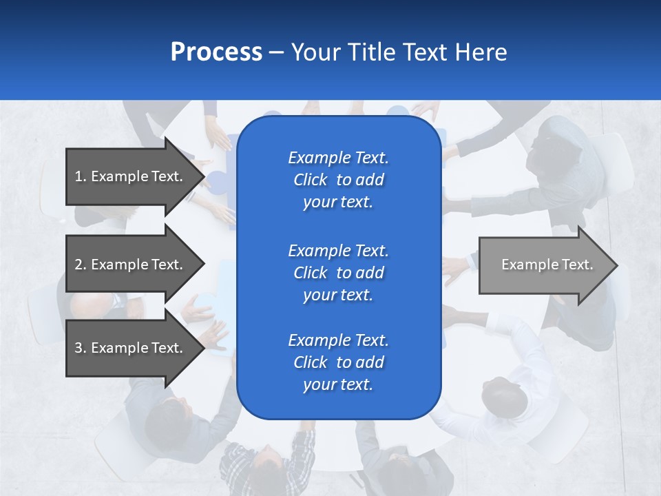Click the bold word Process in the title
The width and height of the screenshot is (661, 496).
point(216,52)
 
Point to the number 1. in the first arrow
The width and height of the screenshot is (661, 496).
point(81,176)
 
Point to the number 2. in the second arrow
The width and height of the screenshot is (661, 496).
point(81,265)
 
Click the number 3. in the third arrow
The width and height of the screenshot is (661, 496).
point(81,348)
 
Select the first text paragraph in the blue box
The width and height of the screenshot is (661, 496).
point(338,180)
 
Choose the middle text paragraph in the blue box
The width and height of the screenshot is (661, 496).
point(338,273)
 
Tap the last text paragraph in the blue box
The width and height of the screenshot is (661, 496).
point(338,362)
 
